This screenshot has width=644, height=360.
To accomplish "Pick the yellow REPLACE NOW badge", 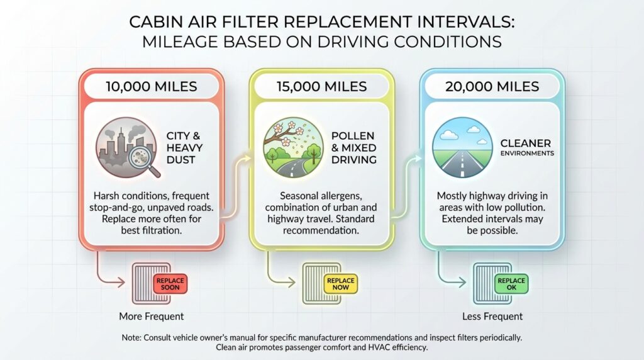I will click(340, 283).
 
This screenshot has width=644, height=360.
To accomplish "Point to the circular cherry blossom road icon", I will click(293, 148).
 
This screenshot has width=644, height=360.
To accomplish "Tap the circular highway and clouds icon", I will click(463, 148).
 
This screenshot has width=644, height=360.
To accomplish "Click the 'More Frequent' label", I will click(152, 316).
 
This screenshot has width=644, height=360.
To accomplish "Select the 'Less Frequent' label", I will click(492, 316).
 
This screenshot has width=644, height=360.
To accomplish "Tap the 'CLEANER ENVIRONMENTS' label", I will click(527, 147).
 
